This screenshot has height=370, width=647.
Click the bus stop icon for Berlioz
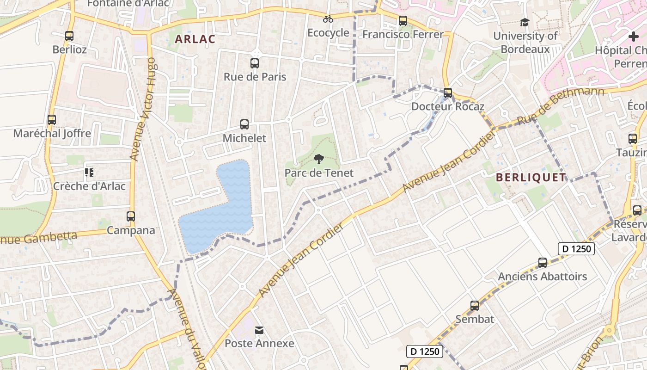(69, 36)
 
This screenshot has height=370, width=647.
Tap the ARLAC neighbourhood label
(195, 39)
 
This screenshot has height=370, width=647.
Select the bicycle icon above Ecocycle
(328, 19)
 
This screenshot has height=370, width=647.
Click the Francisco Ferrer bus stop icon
(403, 21)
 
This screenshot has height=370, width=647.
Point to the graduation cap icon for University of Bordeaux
(525, 22)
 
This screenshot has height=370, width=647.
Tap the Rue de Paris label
(255, 77)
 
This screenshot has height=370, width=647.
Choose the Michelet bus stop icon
(244, 124)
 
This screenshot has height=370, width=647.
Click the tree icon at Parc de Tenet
(318, 160)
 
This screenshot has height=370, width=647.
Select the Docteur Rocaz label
(447, 106)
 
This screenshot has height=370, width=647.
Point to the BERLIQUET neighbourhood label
(531, 178)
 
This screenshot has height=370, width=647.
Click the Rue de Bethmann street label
(560, 106)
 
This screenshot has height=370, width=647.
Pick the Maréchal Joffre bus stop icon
(52, 120)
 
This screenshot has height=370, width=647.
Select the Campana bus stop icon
(131, 216)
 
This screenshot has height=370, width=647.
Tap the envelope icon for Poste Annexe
(259, 330)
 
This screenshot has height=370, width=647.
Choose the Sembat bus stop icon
(475, 306)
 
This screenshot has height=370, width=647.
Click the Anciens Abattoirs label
(542, 277)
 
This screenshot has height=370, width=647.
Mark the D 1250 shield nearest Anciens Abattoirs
(575, 249)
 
